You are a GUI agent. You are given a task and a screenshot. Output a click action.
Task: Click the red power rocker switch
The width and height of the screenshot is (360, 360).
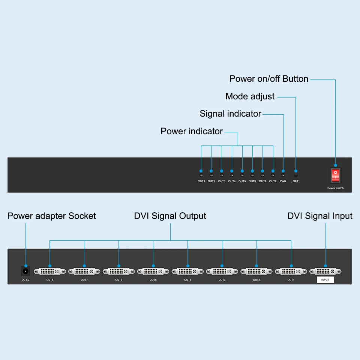click(x=336, y=175)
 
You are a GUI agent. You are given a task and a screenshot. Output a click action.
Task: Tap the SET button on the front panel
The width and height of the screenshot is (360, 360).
click(x=296, y=175)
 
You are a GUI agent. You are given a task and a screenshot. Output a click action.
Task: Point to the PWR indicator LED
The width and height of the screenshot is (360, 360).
click(x=283, y=175)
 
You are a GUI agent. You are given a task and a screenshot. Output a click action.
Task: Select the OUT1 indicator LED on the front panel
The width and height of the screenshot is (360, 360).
click(x=201, y=175)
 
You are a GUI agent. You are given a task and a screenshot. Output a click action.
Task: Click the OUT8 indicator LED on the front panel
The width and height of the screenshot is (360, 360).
click(x=273, y=175)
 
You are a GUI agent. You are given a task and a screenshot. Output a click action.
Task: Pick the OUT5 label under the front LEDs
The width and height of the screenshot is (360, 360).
click(x=242, y=181)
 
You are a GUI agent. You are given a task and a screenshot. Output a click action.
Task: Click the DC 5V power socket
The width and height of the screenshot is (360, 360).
click(x=25, y=271)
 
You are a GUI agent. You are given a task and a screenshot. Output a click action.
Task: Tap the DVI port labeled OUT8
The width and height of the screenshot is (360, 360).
click(x=50, y=271)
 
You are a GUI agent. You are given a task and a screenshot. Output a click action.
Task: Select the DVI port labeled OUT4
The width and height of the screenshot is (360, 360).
click(x=187, y=271)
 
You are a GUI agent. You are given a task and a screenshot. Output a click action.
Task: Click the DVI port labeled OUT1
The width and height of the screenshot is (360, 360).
click(x=291, y=271)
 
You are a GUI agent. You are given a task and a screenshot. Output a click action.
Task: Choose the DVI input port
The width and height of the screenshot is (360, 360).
click(x=325, y=271)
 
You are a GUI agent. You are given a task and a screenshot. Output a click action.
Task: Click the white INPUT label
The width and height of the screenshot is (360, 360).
click(x=325, y=280)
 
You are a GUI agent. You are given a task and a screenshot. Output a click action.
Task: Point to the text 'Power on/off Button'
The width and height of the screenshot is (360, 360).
click(x=269, y=79)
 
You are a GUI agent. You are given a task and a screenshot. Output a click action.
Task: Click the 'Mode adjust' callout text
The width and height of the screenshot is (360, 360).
click(x=250, y=97)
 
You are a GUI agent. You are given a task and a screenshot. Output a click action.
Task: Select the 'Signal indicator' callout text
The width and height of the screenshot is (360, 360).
click(x=230, y=114)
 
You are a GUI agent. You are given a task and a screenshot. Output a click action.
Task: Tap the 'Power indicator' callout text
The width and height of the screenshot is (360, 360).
click(x=192, y=131)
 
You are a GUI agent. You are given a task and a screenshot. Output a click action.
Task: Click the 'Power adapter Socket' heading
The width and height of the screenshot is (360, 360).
click(x=52, y=216)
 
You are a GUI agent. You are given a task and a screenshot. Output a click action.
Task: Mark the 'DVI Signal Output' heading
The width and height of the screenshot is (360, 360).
click(x=170, y=216)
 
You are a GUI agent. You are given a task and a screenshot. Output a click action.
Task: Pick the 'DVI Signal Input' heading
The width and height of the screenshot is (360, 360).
click(x=320, y=216)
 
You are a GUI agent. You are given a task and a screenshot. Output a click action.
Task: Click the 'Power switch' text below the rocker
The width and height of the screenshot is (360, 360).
click(x=335, y=188)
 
